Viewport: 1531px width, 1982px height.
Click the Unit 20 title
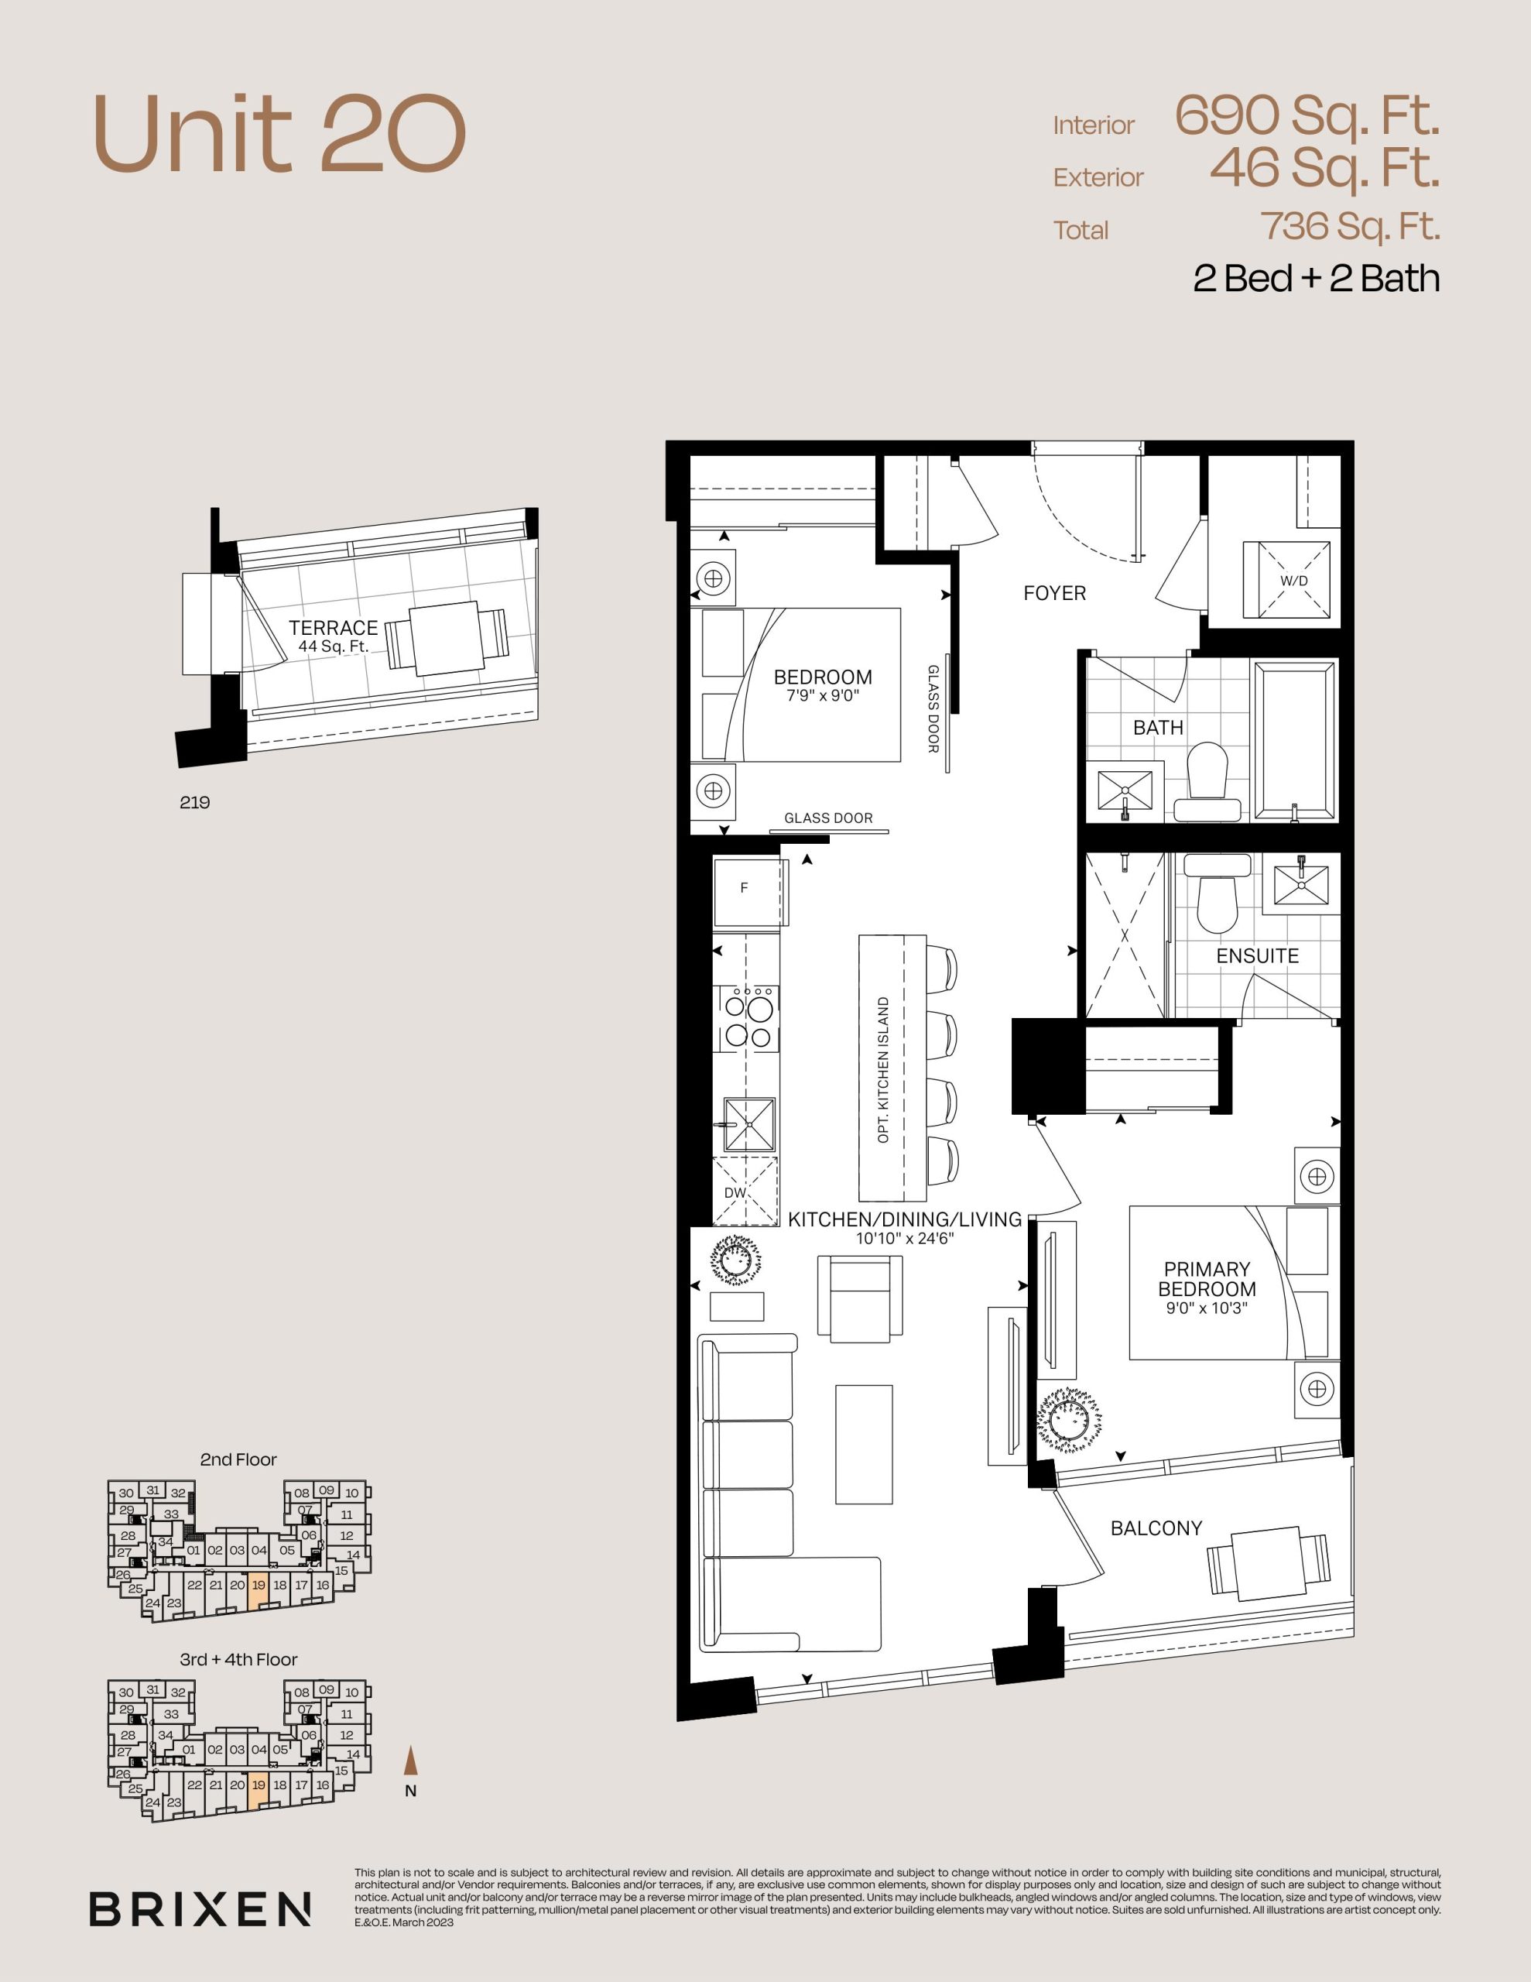[279, 134]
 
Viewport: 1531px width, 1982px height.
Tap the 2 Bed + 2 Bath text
[1316, 278]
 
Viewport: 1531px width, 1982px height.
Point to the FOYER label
[1054, 592]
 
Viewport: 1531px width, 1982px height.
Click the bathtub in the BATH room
[1295, 740]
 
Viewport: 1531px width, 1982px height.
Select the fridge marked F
[748, 889]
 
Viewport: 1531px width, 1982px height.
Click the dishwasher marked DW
[745, 1192]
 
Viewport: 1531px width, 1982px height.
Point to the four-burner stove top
[748, 1019]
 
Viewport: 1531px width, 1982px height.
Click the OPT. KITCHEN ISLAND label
[884, 1070]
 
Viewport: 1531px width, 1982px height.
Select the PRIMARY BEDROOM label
[1206, 1279]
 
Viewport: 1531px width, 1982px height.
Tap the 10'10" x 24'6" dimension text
[905, 1238]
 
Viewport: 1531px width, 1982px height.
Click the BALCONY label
[1156, 1528]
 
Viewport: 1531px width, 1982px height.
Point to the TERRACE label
[333, 627]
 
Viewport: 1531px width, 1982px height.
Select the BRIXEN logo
[200, 1909]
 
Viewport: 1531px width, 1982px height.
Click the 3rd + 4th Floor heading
[238, 1660]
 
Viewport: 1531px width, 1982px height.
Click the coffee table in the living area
[864, 1445]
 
